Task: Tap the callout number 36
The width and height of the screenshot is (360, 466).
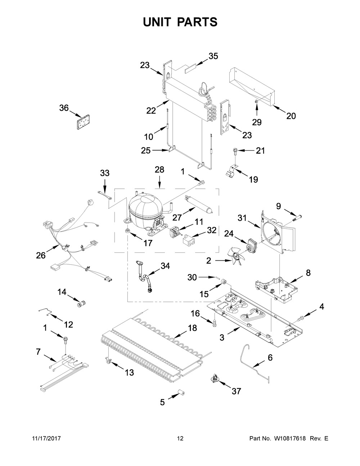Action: point(64,108)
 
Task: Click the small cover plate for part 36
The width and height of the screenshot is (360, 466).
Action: point(83,122)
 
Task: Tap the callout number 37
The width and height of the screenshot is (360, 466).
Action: point(236,391)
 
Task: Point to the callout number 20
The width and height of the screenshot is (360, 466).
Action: point(291,116)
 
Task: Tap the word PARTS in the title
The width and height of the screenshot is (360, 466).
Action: point(196,22)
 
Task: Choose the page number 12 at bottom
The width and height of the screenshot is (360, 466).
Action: point(180,439)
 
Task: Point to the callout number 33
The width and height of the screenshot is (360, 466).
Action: point(105,173)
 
